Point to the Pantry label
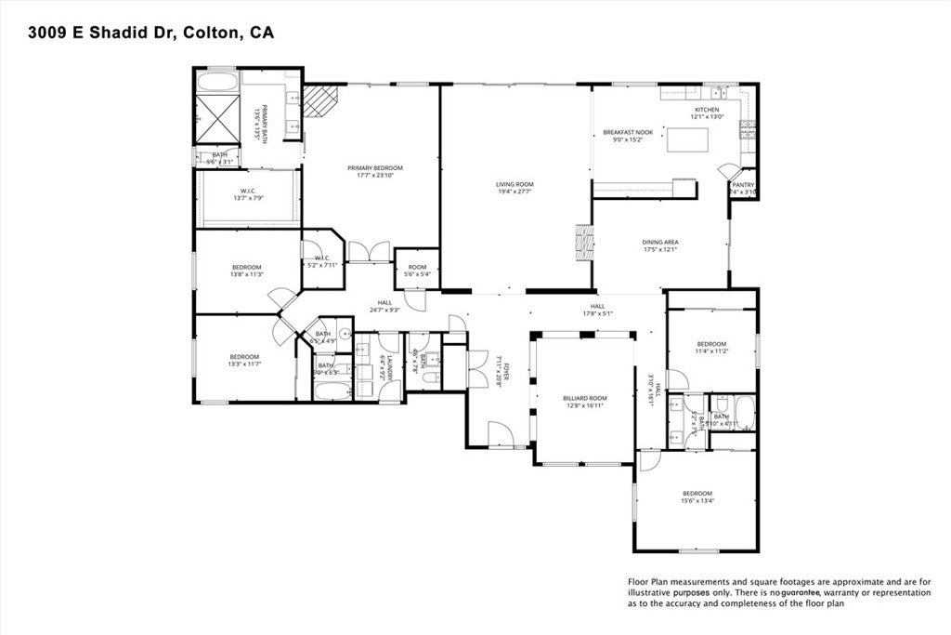[743, 185]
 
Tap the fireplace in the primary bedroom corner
[322, 100]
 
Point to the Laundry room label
[391, 368]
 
